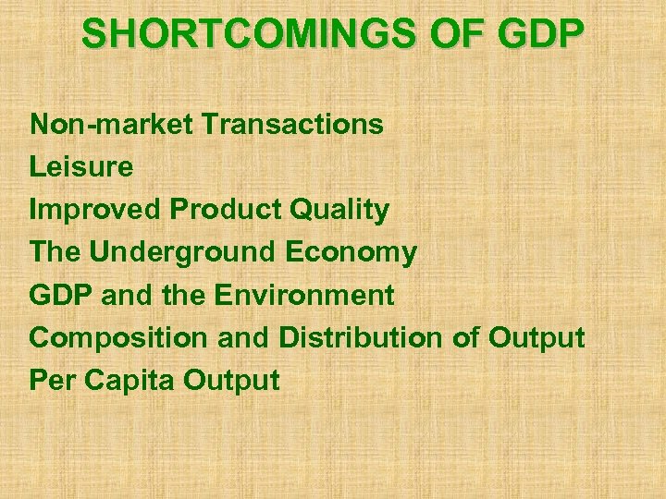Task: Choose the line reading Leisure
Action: tap(81, 167)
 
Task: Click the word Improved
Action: tap(95, 210)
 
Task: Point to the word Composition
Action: tap(120, 338)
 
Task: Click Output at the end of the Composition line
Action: tap(536, 337)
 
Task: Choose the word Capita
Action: tap(125, 381)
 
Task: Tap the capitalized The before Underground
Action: tap(57, 252)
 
